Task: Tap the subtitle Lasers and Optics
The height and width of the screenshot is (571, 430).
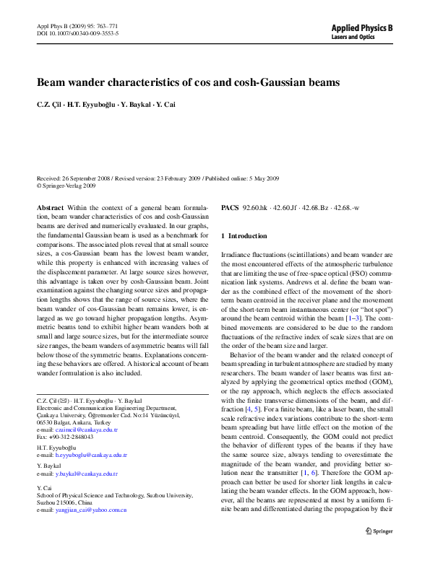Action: tap(352, 36)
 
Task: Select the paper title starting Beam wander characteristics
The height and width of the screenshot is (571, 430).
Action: tap(188, 82)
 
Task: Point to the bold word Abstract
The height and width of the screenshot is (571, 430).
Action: tap(50, 207)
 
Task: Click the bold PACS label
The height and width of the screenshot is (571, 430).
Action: tap(230, 207)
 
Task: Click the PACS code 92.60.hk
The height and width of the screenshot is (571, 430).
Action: tap(257, 207)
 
